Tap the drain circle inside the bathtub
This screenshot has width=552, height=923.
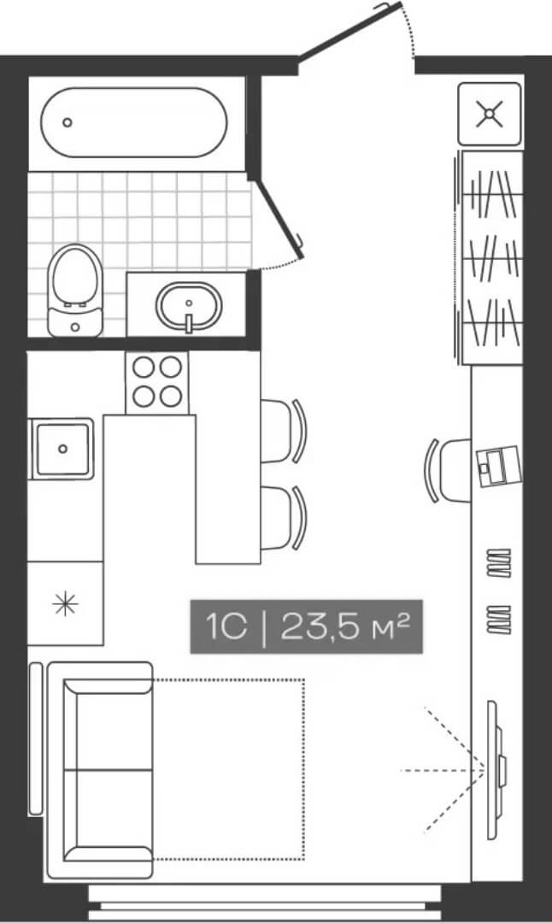point(68,122)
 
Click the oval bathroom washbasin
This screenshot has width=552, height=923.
point(189,305)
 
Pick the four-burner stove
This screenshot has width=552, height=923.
point(157,382)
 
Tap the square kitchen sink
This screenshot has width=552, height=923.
point(62,448)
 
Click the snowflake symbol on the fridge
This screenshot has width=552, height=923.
point(65,604)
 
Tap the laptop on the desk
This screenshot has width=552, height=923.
point(496,465)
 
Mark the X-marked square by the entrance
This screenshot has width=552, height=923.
point(489,114)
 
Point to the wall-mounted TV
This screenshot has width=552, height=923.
point(494,769)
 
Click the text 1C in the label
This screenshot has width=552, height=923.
point(226,627)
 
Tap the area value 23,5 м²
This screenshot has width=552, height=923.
point(345,627)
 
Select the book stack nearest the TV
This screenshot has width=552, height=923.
point(498,619)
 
